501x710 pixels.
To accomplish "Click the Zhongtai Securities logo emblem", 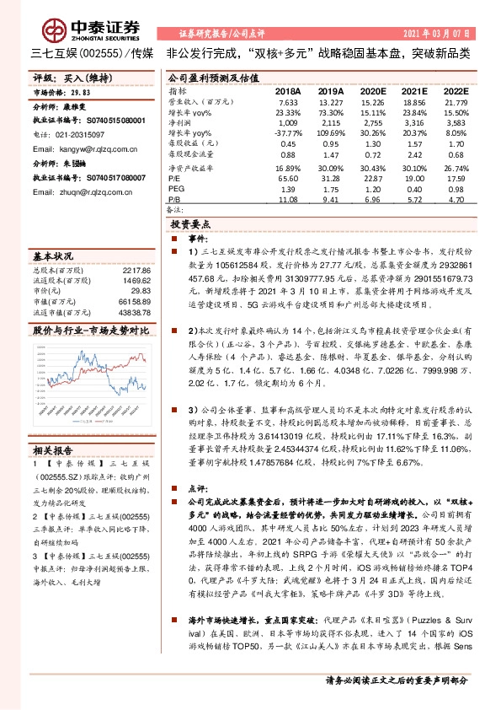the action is pos(56,30).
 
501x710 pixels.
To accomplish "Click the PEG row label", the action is pos(175,178).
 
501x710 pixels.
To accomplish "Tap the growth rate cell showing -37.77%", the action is pos(289,133).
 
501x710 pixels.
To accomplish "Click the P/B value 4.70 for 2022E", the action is pos(456,201).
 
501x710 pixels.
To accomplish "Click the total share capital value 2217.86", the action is pos(136,269).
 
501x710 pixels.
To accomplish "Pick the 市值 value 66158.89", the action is pos(136,298).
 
